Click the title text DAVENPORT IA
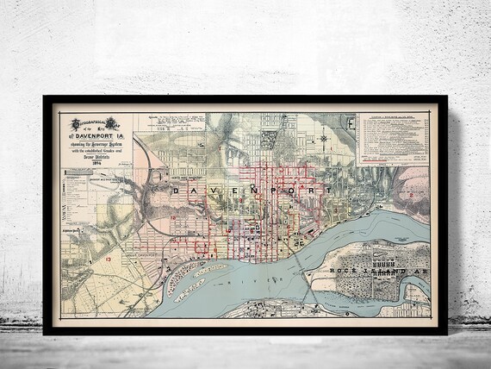(x=96, y=134)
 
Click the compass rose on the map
(x=322, y=138)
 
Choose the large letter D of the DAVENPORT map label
(x=177, y=189)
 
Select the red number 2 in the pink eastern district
(x=412, y=195)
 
